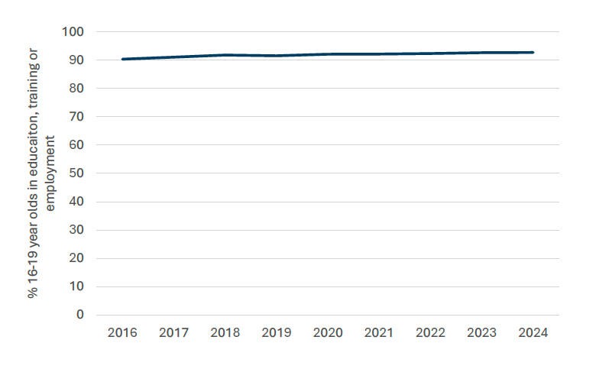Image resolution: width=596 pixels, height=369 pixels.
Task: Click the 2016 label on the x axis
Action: coord(122,333)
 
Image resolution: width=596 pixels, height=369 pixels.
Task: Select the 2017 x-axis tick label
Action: coord(173,333)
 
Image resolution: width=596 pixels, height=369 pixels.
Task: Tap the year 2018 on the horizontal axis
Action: coord(225,333)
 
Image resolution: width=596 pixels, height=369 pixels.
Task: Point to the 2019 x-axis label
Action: coord(276,333)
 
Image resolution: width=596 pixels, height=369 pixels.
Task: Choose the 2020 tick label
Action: coord(327,333)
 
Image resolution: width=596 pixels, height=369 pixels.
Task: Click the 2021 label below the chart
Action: coord(379,333)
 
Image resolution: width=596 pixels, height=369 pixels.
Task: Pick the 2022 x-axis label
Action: coord(430,333)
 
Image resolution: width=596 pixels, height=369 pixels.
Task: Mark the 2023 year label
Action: coord(481,333)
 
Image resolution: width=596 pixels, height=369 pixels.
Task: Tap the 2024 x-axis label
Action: coord(533,333)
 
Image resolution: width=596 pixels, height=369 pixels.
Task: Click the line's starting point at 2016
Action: coord(122,59)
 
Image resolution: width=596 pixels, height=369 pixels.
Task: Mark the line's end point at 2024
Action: coord(533,53)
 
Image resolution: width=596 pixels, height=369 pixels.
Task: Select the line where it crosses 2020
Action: coord(327,54)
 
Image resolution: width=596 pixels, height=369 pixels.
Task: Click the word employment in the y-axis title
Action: coord(51,173)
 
